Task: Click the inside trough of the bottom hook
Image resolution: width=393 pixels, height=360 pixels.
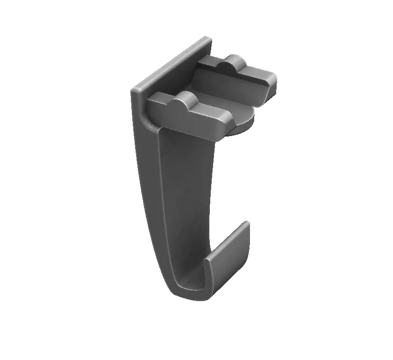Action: tap(192, 281)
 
